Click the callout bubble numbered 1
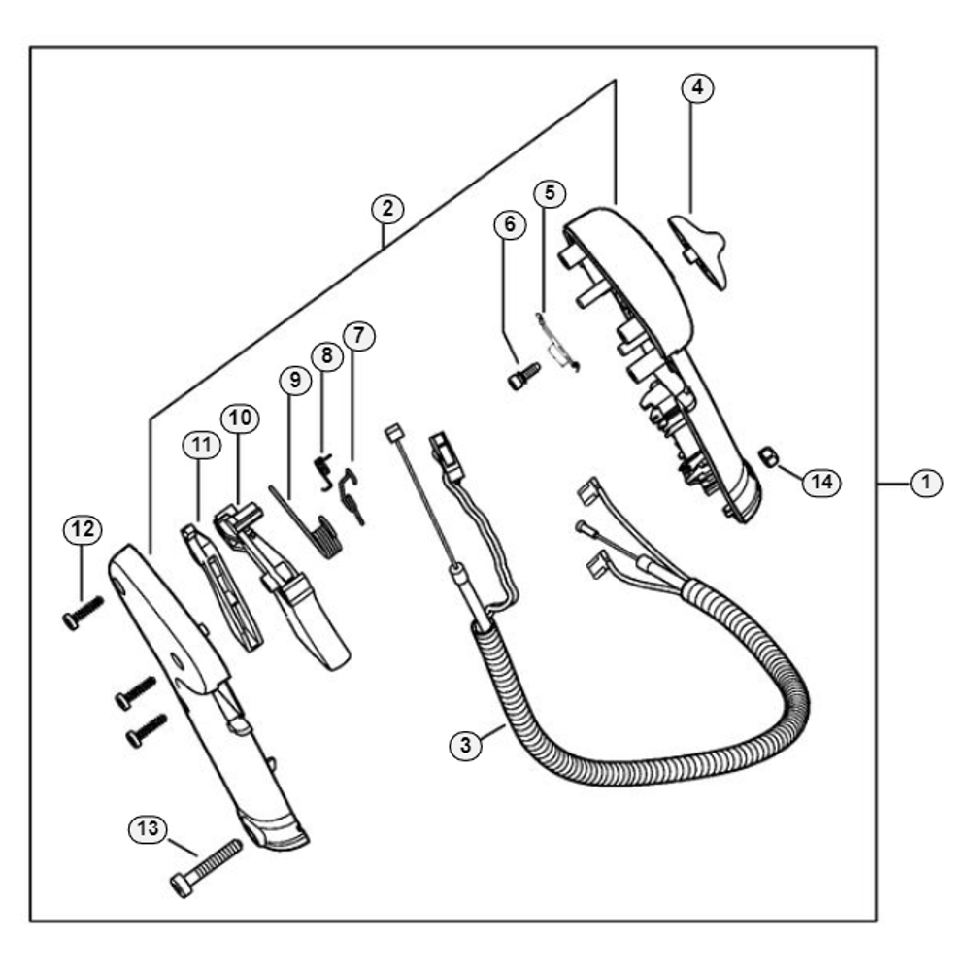(x=925, y=483)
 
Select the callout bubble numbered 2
(x=387, y=208)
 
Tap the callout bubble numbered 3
(x=466, y=745)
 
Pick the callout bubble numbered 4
(x=697, y=88)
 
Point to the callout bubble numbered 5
(x=550, y=193)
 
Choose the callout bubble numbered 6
(x=510, y=224)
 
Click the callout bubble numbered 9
(x=295, y=381)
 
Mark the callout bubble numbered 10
(x=240, y=419)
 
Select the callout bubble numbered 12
(x=83, y=529)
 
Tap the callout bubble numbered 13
(x=148, y=828)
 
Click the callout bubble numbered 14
(x=821, y=482)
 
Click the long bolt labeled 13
(x=206, y=868)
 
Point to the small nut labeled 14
(x=768, y=457)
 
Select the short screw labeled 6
(x=524, y=376)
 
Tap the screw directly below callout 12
(x=83, y=613)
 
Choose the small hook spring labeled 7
(x=352, y=496)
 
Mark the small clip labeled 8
(x=323, y=472)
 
